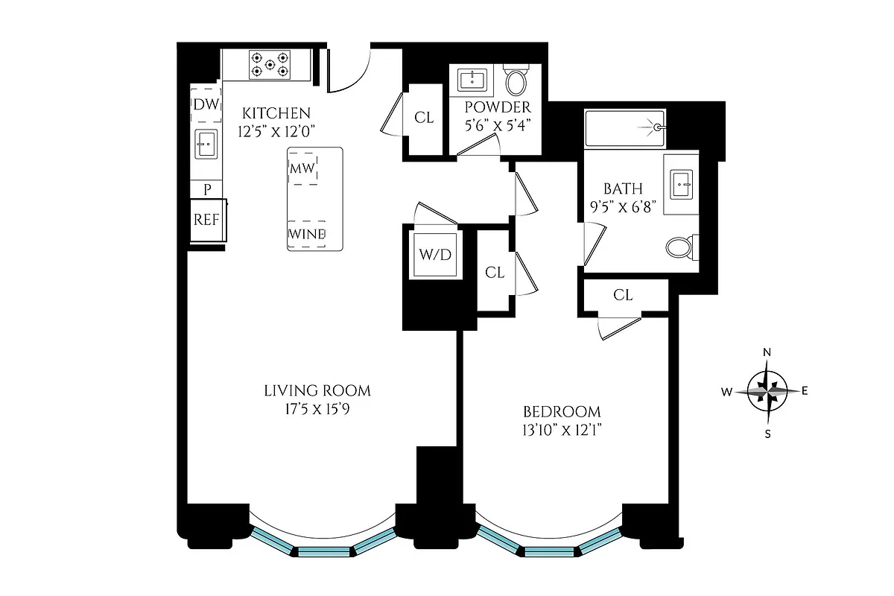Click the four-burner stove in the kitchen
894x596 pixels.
tap(269, 64)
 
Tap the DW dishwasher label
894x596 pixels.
tap(206, 105)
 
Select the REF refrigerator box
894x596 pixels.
tap(206, 220)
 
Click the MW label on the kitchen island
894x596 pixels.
tap(302, 169)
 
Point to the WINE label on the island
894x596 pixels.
tap(307, 234)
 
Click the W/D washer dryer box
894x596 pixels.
tap(434, 255)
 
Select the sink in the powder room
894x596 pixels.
tap(472, 79)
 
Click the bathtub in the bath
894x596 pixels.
tap(624, 128)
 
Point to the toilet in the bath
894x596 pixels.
tap(681, 247)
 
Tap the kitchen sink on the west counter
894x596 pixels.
tap(206, 143)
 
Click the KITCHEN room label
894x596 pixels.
tap(276, 114)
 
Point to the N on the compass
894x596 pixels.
tap(767, 352)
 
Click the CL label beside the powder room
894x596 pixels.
tap(424, 117)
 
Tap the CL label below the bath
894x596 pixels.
tap(623, 295)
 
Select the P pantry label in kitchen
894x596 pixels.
tap(207, 190)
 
